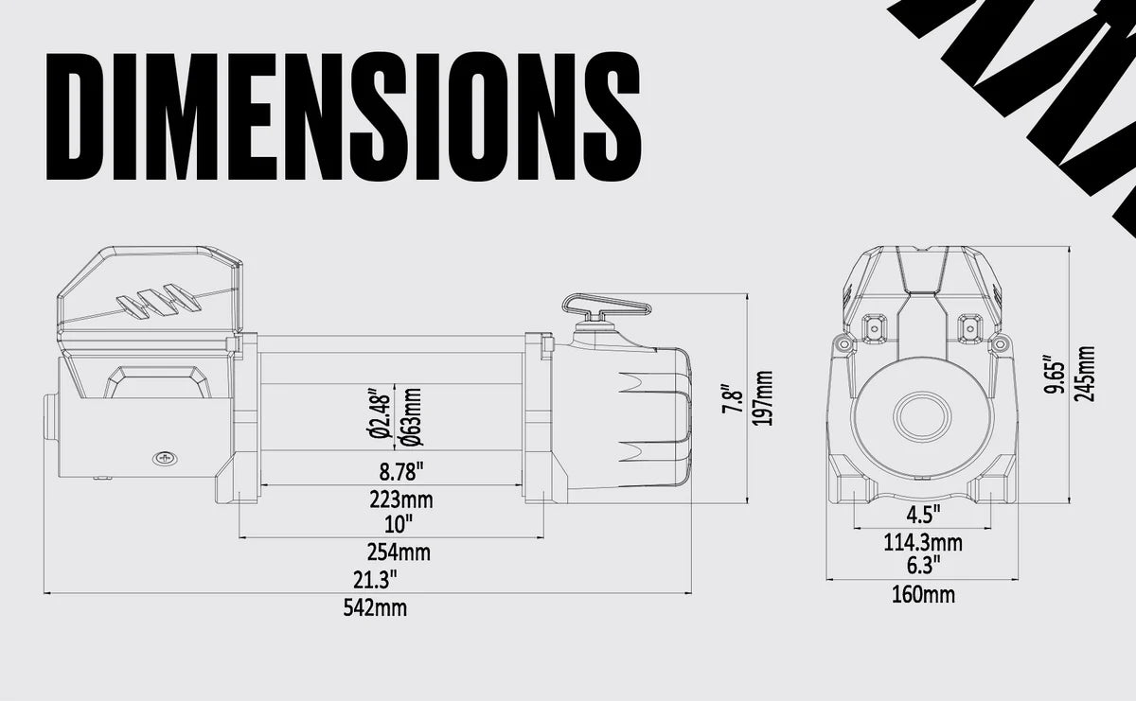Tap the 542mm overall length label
375,608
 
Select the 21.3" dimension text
375,577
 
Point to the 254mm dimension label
398,552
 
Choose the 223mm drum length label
401,500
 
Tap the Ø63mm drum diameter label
411,414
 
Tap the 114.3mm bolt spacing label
923,543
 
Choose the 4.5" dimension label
923,515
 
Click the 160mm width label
923,595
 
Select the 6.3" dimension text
923,566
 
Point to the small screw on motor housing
166,459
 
